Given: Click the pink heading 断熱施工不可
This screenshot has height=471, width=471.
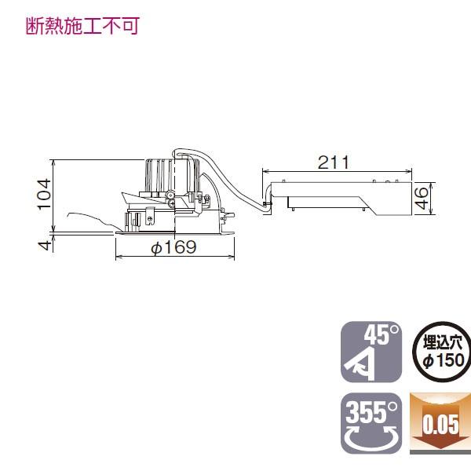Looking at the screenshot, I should (81, 27).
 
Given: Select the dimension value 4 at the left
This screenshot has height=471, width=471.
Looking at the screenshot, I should (45, 245).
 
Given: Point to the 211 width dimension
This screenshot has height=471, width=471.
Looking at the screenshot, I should (334, 162).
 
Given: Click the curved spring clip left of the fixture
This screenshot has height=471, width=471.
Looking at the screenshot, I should (90, 220).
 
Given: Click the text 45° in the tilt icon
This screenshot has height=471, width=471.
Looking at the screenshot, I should (382, 336).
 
